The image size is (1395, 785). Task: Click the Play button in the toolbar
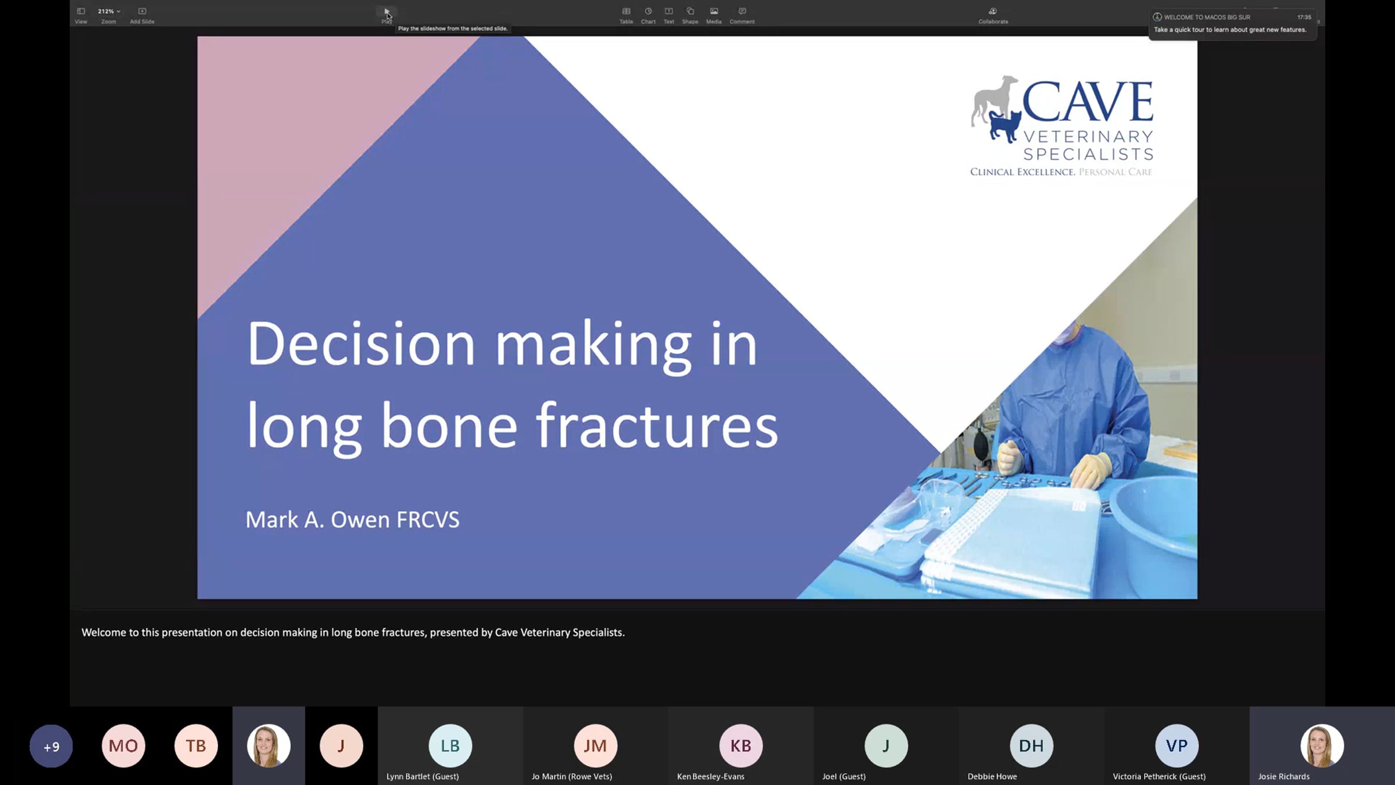click(387, 15)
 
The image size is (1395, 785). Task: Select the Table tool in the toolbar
click(626, 15)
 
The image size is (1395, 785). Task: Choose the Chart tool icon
click(648, 15)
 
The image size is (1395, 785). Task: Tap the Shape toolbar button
click(690, 15)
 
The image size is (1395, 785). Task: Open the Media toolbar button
click(714, 15)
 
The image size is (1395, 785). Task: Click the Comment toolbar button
click(742, 15)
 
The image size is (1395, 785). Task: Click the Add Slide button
click(142, 15)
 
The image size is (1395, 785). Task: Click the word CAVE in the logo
click(1088, 101)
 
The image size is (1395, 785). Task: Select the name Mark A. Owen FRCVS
click(352, 519)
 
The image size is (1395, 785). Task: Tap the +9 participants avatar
click(51, 746)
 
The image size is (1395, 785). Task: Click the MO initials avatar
click(123, 746)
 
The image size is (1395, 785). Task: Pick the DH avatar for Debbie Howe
click(1031, 745)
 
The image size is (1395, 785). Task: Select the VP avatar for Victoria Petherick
click(1176, 745)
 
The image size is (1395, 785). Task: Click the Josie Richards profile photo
click(1322, 745)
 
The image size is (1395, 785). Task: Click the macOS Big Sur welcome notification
click(1233, 24)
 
